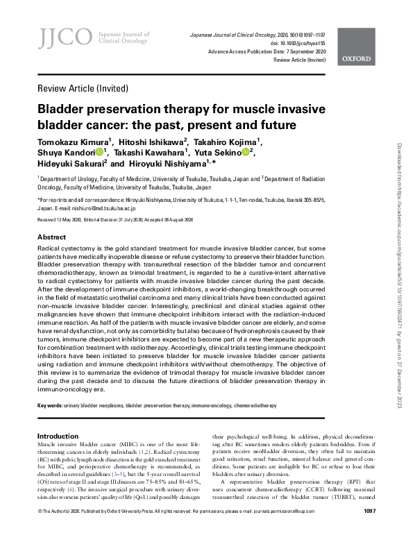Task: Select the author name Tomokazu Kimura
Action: click(77, 143)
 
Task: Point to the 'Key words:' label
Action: click(49, 403)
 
